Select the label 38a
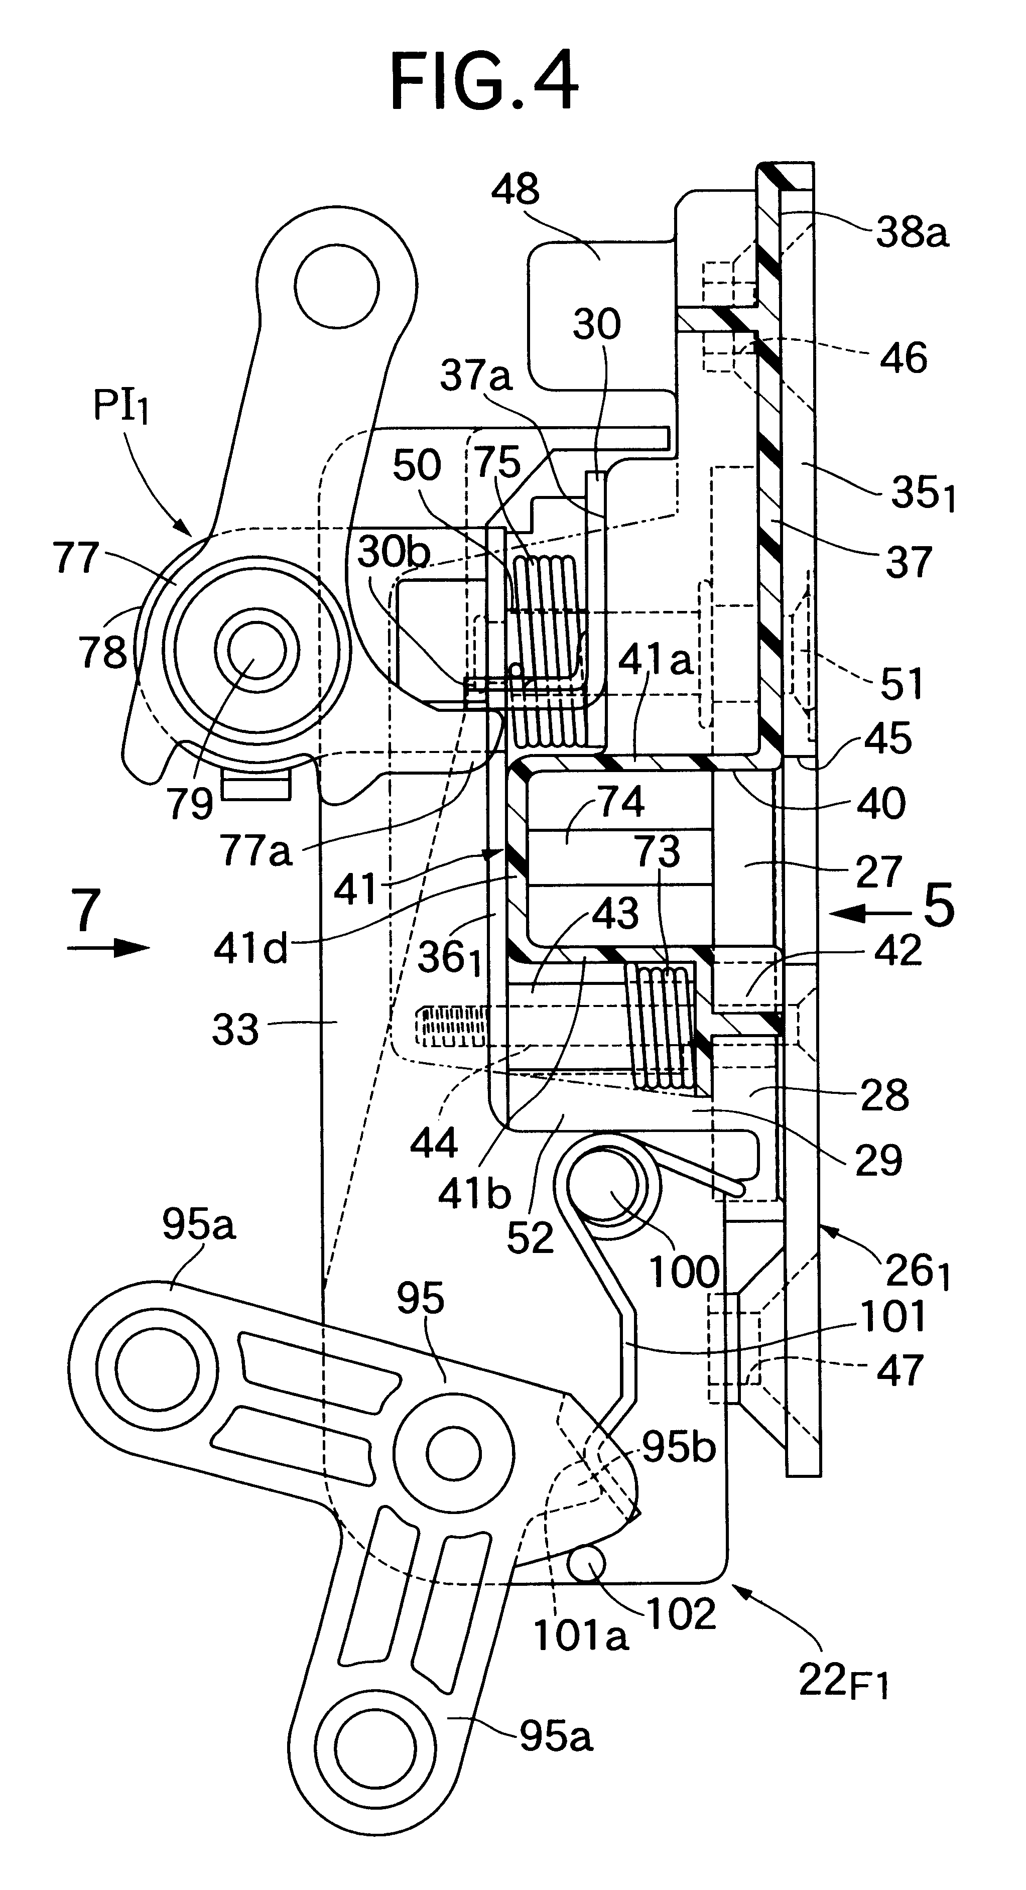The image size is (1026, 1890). [912, 233]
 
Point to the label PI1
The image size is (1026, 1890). [121, 407]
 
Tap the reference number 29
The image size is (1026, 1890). [878, 1160]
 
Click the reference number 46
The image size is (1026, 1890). [906, 358]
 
